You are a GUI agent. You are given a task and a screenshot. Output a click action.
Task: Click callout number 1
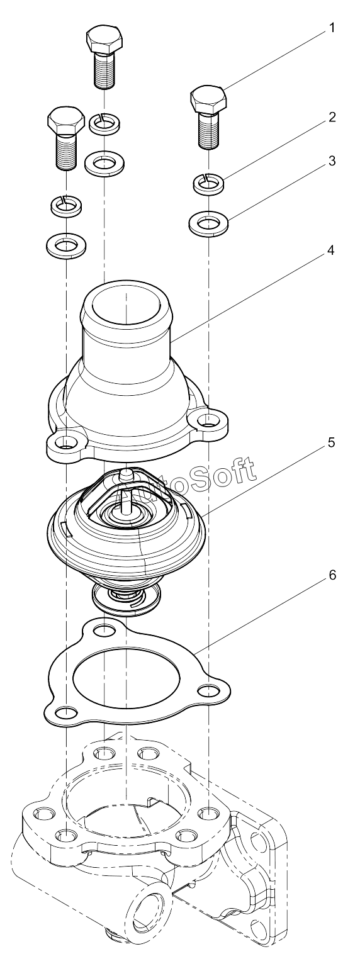[x=332, y=28]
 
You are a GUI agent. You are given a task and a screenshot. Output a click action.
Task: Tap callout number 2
[x=332, y=117]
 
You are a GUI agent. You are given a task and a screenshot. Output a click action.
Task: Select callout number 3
[x=332, y=161]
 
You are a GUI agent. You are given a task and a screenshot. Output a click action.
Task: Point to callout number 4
[x=331, y=250]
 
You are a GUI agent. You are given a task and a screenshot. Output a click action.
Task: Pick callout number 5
[x=332, y=443]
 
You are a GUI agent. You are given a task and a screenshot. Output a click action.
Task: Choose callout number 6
[x=332, y=575]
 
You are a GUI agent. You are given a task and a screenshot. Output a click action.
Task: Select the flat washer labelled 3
[x=209, y=223]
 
